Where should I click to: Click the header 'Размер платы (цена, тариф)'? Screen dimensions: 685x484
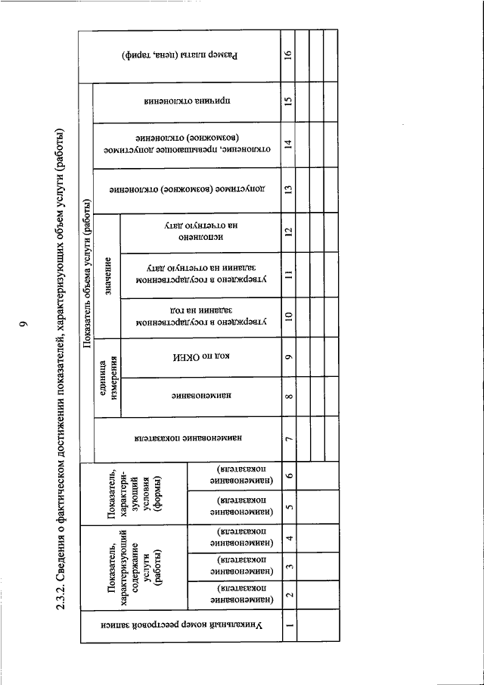coord(180,55)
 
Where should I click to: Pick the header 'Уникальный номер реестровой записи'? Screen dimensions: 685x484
coord(180,625)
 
